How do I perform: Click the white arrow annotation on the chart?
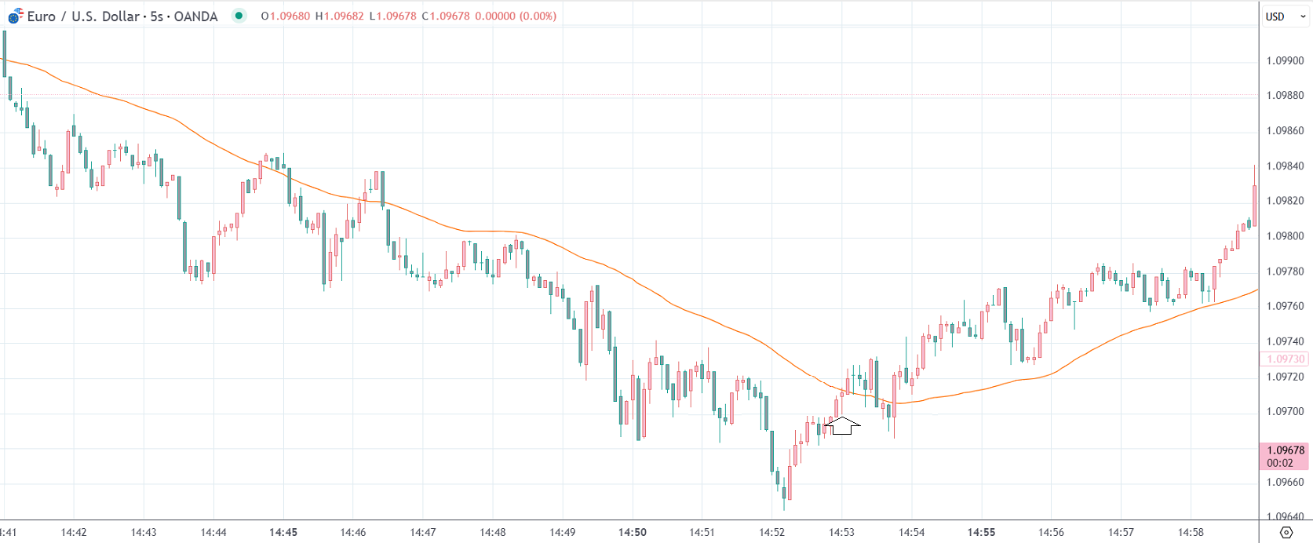(843, 426)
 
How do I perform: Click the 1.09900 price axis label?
(1285, 60)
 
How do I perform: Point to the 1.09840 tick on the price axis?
(1285, 166)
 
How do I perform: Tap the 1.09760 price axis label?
(1285, 306)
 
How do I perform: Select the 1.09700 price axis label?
(1285, 411)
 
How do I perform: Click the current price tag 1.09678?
(1285, 450)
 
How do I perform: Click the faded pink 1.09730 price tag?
(1285, 359)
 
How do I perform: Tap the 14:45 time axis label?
(283, 532)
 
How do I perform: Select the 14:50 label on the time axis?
(632, 532)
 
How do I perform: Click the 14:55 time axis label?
(981, 532)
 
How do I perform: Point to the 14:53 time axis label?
(841, 532)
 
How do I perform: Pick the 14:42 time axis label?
(74, 532)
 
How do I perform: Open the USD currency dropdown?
(1285, 16)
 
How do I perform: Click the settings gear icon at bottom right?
(1286, 532)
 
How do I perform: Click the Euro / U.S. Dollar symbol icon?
(15, 16)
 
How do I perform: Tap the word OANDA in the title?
(195, 16)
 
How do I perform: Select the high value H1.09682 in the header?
(339, 16)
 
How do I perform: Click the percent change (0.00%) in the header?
(538, 16)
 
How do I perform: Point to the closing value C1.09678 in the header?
(445, 16)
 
